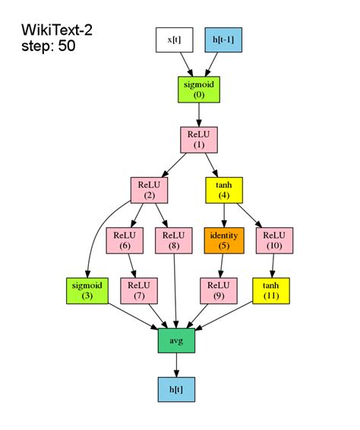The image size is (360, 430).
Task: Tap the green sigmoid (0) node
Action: pyautogui.click(x=198, y=89)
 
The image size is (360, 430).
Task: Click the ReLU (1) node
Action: pyautogui.click(x=198, y=139)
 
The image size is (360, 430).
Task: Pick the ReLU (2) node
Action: pyautogui.click(x=149, y=189)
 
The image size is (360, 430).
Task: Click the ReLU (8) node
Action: pyautogui.click(x=174, y=239)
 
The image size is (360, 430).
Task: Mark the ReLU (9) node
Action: pyautogui.click(x=219, y=289)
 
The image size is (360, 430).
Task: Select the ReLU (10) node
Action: pyautogui.click(x=274, y=239)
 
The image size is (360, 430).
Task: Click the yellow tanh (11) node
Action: pyautogui.click(x=271, y=289)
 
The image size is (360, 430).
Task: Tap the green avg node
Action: pyautogui.click(x=176, y=340)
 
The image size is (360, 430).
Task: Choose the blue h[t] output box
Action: pyautogui.click(x=176, y=389)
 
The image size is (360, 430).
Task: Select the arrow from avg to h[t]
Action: pyautogui.click(x=176, y=364)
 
